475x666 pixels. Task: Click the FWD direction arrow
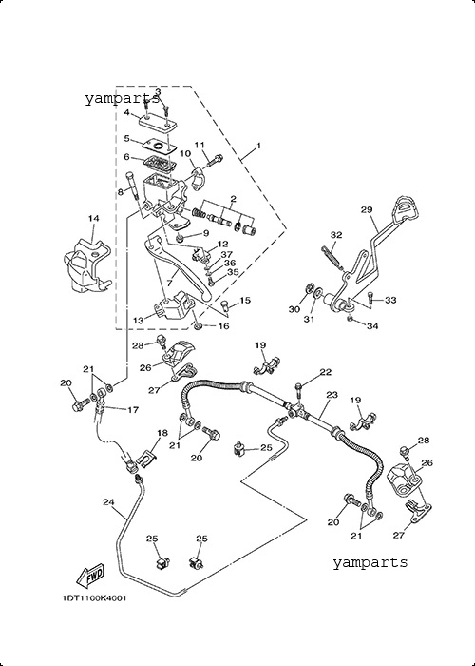[x=90, y=576]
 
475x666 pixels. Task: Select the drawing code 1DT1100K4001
[x=94, y=598]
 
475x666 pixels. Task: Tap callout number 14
[x=93, y=218]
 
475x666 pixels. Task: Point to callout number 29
[x=367, y=209]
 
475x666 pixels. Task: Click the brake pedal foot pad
[x=406, y=209]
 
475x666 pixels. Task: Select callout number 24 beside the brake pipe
[x=108, y=502]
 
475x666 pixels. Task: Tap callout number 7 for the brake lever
[x=170, y=283]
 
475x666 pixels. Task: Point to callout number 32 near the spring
[x=336, y=234]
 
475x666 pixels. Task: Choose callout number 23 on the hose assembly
[x=332, y=395]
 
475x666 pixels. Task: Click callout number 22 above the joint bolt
[x=325, y=372]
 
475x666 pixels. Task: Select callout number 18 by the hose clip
[x=162, y=433]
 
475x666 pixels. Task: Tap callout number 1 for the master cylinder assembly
[x=258, y=146]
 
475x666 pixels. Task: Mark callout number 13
[x=139, y=321]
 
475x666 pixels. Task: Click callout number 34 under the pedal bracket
[x=372, y=326]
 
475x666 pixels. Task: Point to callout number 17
[x=132, y=410]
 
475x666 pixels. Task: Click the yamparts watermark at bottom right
[x=370, y=562]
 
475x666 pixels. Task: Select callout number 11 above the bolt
[x=199, y=145]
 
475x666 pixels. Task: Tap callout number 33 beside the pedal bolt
[x=390, y=301]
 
